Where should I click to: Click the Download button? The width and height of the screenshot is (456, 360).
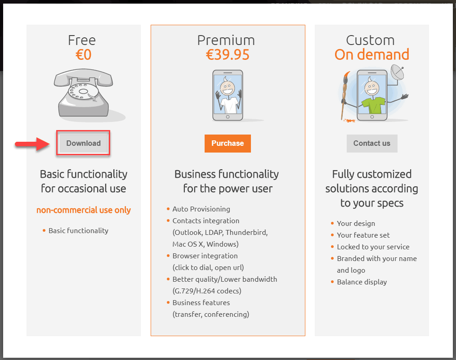83,143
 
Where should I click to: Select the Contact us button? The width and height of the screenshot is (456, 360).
371,143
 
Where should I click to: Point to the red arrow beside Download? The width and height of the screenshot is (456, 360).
32,144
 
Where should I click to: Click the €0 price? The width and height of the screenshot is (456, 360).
84,55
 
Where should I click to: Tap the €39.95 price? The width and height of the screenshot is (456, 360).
228,55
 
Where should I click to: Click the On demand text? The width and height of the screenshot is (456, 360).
371,54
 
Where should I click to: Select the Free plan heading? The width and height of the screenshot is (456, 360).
82,40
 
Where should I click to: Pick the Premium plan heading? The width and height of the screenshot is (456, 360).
226,40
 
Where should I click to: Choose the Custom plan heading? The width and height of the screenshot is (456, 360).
370,40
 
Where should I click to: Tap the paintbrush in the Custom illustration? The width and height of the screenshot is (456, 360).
344,96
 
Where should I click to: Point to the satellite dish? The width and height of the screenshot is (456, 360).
397,72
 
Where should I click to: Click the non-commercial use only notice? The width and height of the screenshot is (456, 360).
84,210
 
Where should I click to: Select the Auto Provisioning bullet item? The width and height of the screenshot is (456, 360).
201,209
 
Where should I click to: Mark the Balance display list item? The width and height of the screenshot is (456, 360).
362,282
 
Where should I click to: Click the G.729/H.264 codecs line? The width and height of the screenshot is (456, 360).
207,291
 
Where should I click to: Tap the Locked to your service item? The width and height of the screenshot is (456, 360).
373,247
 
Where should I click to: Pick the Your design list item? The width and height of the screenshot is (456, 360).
356,224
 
